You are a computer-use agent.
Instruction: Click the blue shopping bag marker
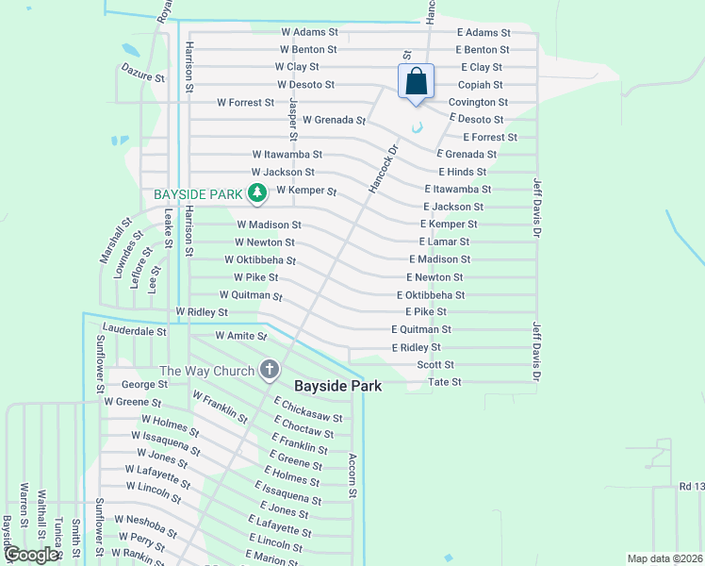point(416,83)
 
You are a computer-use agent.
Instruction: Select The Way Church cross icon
point(270,370)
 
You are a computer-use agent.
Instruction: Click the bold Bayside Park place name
point(337,386)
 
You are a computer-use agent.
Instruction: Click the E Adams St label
point(483,32)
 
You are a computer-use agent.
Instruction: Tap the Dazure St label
point(143,71)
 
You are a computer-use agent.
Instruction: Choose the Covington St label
point(478,102)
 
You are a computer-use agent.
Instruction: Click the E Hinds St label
point(462,172)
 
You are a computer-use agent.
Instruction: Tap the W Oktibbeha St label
point(260,260)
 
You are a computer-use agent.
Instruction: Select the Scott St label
point(435,364)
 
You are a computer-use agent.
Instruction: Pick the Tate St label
point(445,382)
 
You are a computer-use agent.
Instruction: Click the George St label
point(144,385)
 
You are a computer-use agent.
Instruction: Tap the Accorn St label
point(352,474)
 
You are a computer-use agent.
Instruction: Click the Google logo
point(30,555)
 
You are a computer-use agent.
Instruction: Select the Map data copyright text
point(664,558)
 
